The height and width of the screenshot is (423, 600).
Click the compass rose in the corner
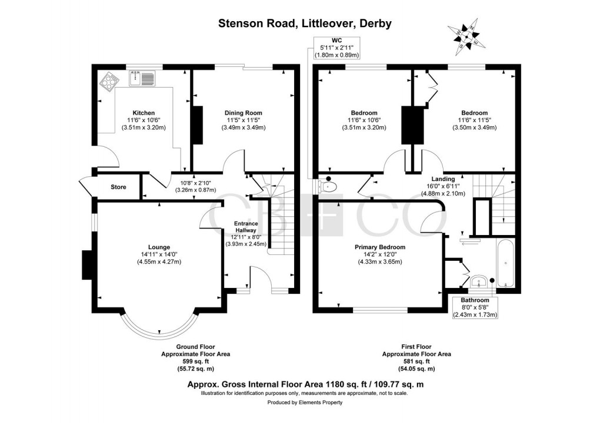tap(466, 36)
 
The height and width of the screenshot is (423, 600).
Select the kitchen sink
tap(141, 78)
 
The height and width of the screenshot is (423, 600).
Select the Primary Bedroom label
tap(380, 247)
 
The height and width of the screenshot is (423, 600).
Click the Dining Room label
tap(243, 113)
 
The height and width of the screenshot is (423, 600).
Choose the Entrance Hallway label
tap(246, 228)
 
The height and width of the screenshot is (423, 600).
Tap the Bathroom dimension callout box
tap(475, 307)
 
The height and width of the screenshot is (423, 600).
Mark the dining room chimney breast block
tap(197, 125)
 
